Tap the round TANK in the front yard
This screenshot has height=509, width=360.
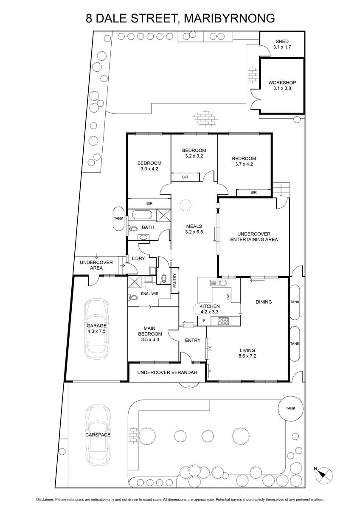coord(291,409)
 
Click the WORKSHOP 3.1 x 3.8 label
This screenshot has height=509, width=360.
coord(282,85)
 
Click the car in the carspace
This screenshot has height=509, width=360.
coord(98,435)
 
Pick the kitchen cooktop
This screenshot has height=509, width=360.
coord(223,321)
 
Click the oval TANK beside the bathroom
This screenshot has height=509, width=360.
coord(118,218)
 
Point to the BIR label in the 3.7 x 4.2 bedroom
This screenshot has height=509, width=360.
coord(253,193)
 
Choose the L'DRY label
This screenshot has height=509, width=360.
coord(138,258)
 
